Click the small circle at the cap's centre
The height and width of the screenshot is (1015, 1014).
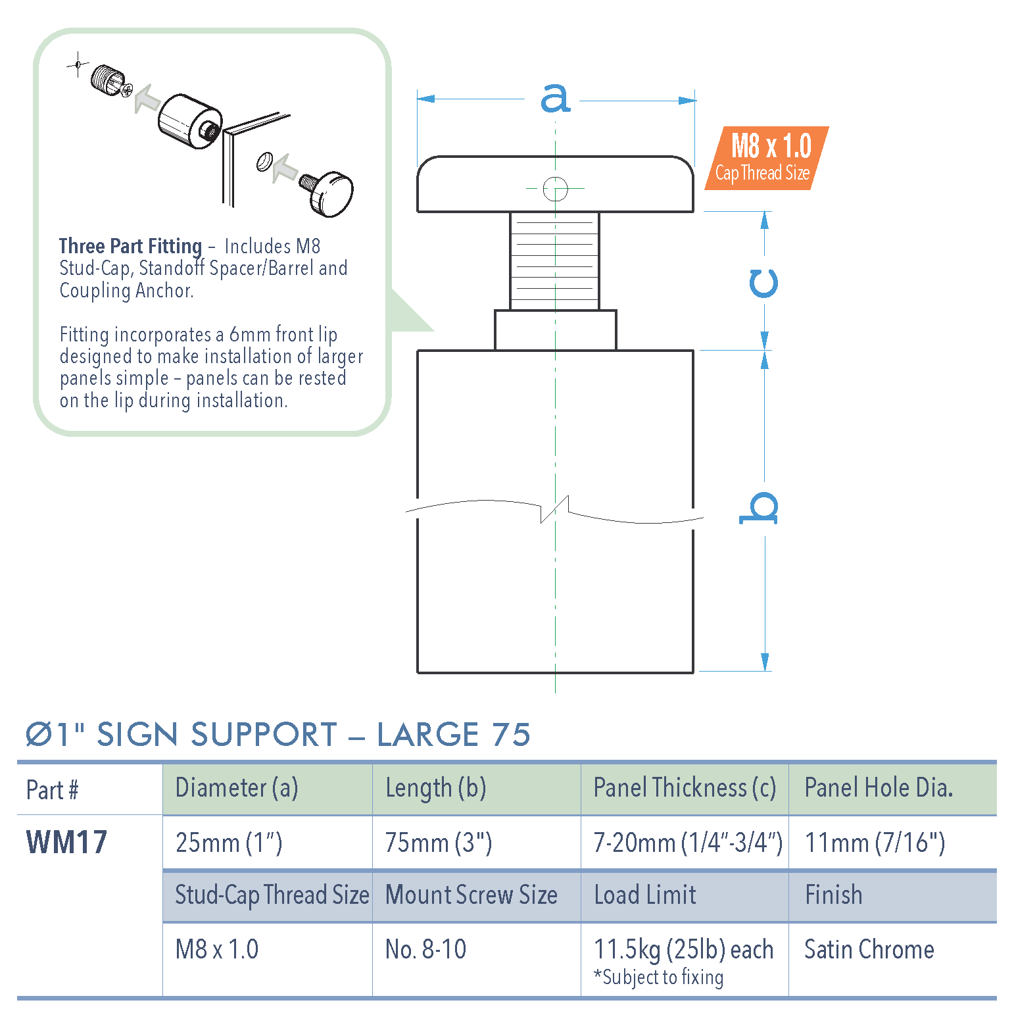click(556, 189)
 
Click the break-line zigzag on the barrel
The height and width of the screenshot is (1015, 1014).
click(554, 509)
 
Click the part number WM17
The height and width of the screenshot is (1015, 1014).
click(66, 843)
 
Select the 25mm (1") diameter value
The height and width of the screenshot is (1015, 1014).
click(229, 843)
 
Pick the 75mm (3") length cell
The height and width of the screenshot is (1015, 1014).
click(438, 843)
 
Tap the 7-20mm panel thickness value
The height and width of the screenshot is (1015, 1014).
click(687, 843)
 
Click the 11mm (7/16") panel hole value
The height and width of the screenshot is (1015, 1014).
click(875, 843)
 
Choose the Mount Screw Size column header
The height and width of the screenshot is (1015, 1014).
click(471, 895)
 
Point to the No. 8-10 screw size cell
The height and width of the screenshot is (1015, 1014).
click(425, 949)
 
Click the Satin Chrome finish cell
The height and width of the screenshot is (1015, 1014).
click(869, 949)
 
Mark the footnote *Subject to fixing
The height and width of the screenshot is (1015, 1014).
click(659, 978)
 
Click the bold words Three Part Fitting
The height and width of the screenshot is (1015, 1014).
click(130, 246)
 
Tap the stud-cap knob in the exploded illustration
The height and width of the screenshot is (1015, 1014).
click(332, 194)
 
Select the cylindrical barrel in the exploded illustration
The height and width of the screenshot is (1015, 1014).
click(188, 120)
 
